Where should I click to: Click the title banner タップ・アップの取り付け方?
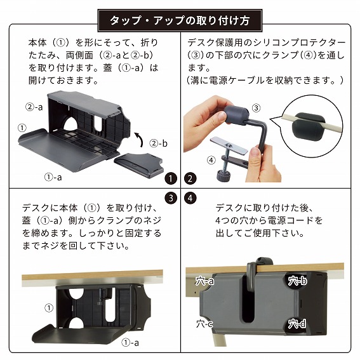pyautogui.click(x=180, y=20)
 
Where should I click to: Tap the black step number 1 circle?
pyautogui.click(x=171, y=178)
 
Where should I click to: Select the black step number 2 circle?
pyautogui.click(x=189, y=178)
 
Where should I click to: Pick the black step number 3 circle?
pyautogui.click(x=171, y=198)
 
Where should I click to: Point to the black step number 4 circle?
pyautogui.click(x=189, y=198)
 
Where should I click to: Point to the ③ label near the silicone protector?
pyautogui.click(x=255, y=108)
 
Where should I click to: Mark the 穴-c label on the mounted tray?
pyautogui.click(x=204, y=324)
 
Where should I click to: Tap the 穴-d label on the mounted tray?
pyautogui.click(x=297, y=324)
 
